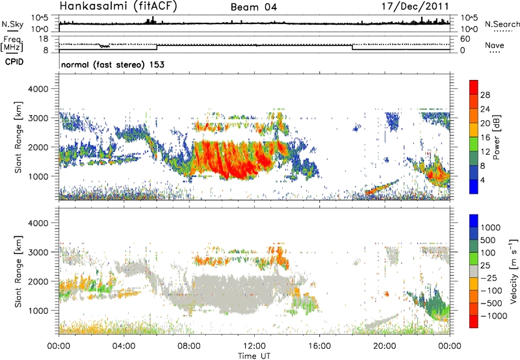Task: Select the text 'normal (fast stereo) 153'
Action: pos(112,64)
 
